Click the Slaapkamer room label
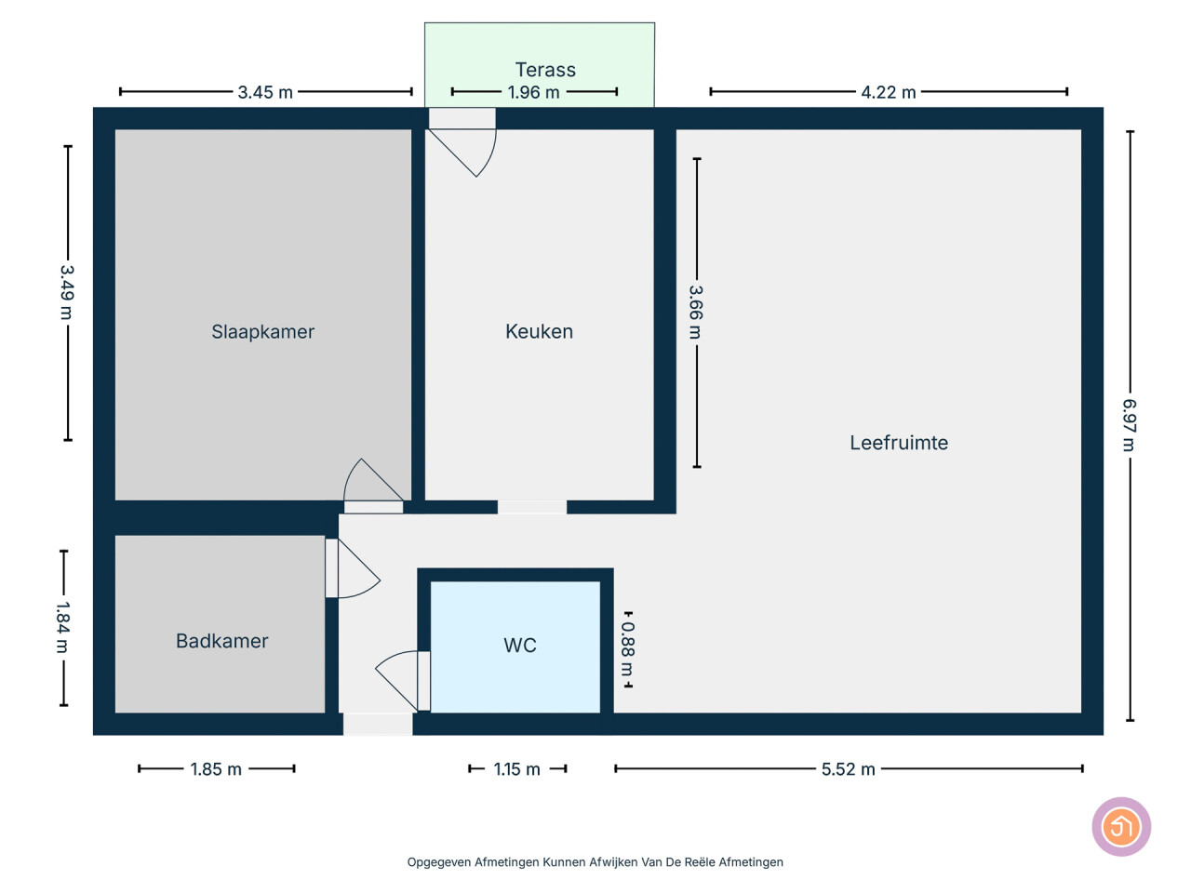point(262,331)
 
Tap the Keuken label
point(539,331)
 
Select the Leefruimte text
point(899,443)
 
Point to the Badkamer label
point(222,641)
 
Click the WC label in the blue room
point(520,646)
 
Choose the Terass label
point(545,70)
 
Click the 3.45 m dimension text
point(265,92)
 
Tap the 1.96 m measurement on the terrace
point(533,92)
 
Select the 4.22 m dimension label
point(889,92)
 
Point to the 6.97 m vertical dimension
point(1129,425)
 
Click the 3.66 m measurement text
point(696,313)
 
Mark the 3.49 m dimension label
point(67,292)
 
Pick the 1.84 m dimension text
point(63,627)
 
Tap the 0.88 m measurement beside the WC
point(628,649)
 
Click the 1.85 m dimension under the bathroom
point(216,769)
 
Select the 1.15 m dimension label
point(516,769)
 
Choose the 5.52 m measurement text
point(848,769)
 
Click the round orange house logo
point(1121,827)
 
